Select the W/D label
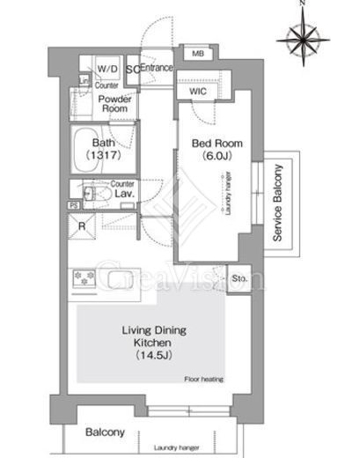click(107, 68)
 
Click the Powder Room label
click(114, 106)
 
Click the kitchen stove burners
click(84, 279)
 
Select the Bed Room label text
click(202, 145)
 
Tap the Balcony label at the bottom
click(105, 433)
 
